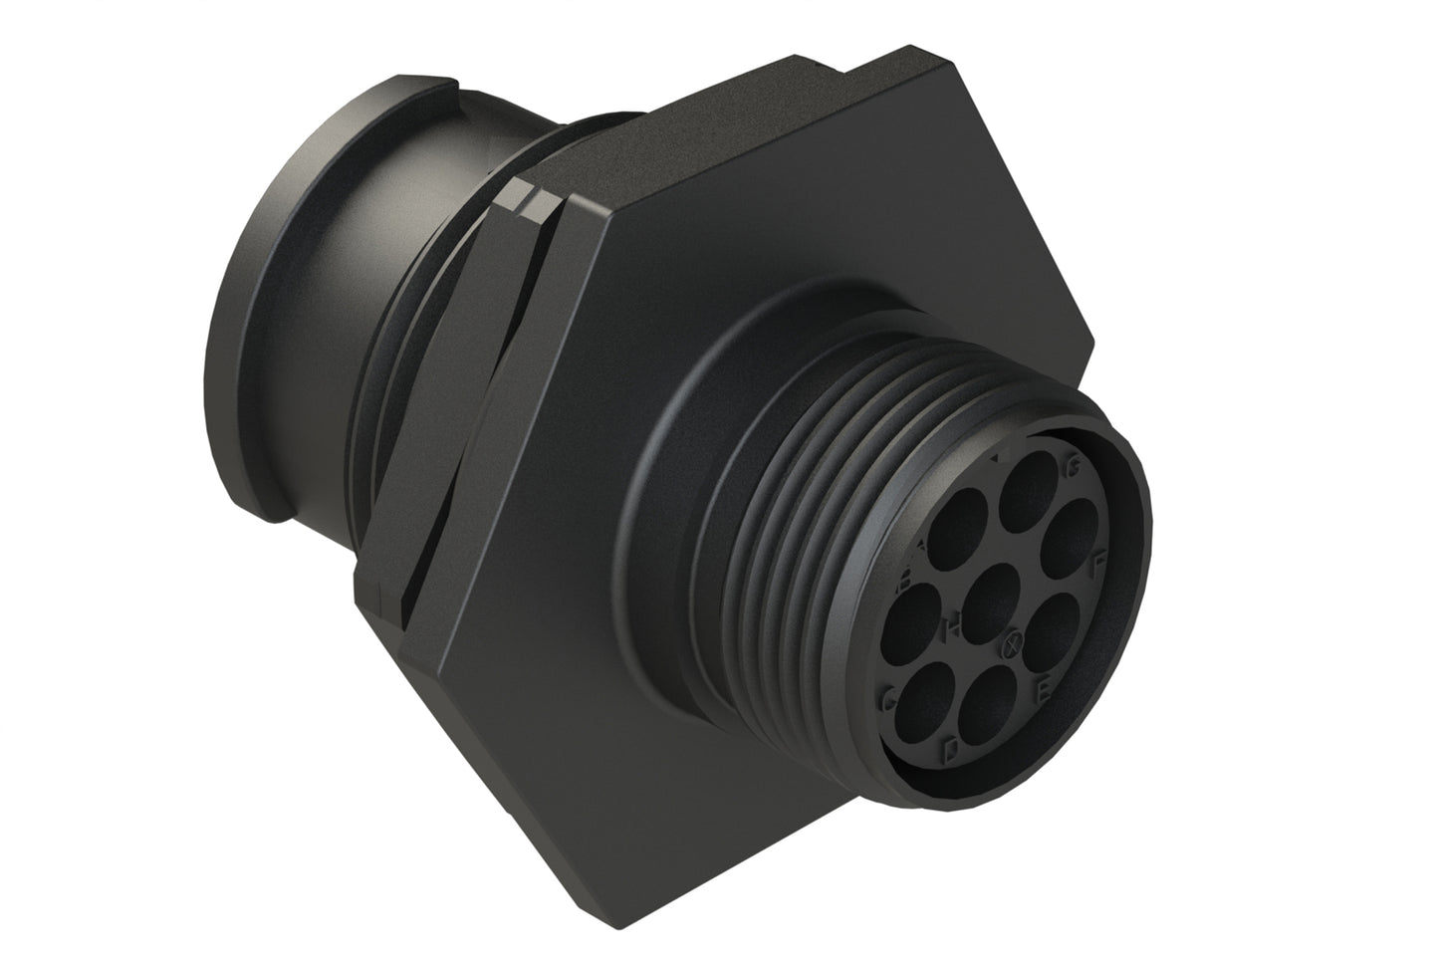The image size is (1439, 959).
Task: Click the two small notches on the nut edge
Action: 528,199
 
